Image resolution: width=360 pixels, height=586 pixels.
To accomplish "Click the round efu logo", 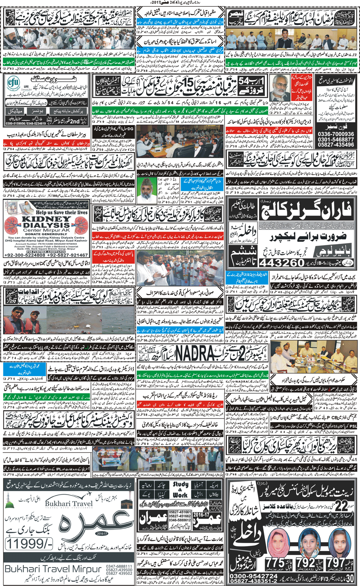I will pyautogui.click(x=14, y=82).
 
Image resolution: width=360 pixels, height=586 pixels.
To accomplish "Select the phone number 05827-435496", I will pyautogui.click(x=336, y=145).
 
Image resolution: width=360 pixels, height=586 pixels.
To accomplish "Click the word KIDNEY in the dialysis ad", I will pyautogui.click(x=46, y=219).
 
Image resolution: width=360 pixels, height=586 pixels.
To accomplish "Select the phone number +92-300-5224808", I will pyautogui.click(x=25, y=255).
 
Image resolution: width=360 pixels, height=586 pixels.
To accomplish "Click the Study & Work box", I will pyautogui.click(x=180, y=489).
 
